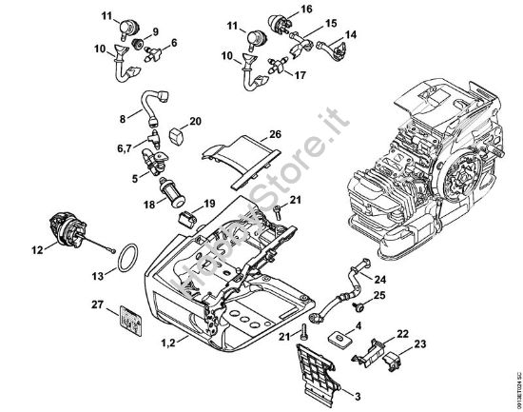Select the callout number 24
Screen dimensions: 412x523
click(379, 279)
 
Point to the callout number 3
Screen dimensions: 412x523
click(357, 395)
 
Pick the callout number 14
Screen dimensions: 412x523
click(350, 34)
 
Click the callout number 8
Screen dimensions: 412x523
click(122, 118)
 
